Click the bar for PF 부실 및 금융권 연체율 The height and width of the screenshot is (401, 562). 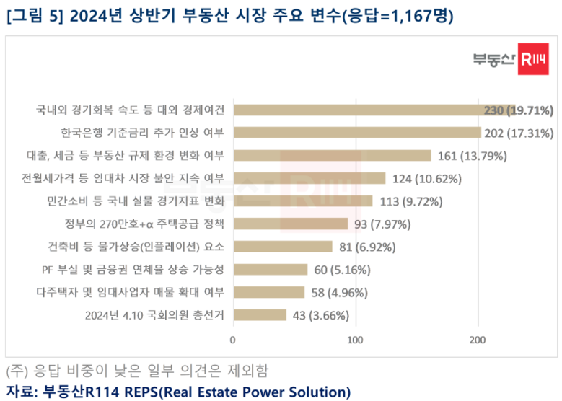[x=270, y=270]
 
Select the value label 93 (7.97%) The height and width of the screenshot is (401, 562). [x=380, y=224]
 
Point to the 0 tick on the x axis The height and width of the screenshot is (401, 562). [x=233, y=339]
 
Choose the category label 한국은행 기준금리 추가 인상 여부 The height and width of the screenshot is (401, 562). [x=143, y=132]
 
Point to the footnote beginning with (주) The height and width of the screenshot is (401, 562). [x=136, y=371]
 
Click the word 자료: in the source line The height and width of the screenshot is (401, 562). [x=21, y=392]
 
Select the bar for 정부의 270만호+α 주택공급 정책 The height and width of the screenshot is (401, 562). [x=290, y=224]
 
